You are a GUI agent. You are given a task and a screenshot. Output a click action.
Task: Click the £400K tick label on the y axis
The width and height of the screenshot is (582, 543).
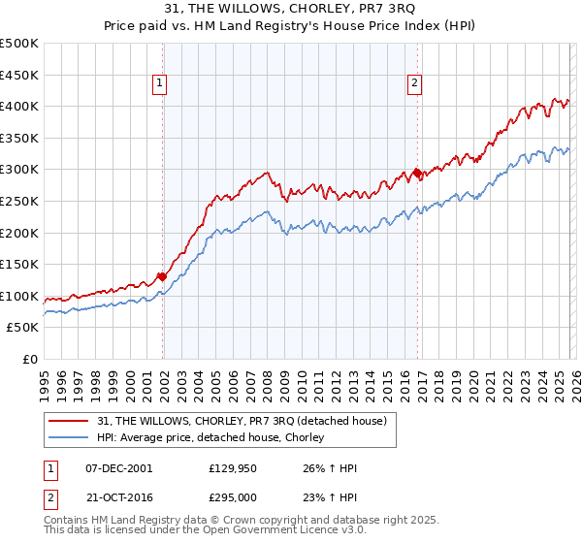[x=19, y=106]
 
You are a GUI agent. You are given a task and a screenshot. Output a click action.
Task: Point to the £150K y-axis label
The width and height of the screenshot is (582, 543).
[x=19, y=264]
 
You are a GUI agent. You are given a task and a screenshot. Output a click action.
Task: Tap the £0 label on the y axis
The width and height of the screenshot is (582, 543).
[x=31, y=359]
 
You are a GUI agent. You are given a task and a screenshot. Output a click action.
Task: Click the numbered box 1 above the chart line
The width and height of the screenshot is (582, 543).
[x=159, y=84]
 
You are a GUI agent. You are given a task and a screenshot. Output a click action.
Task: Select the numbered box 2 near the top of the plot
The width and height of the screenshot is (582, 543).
[x=414, y=84]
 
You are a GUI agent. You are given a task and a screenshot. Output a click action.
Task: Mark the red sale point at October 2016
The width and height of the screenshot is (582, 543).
[x=417, y=173]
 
